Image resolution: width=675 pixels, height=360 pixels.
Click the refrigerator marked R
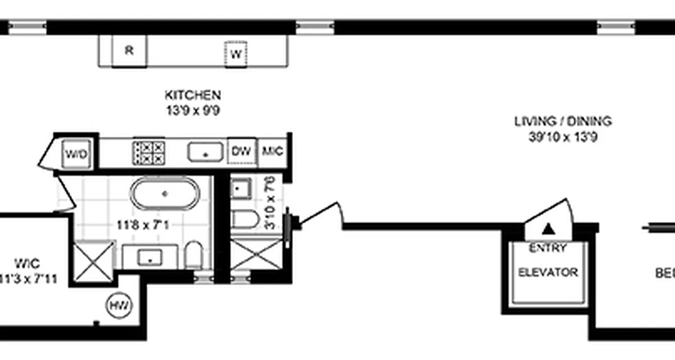(129, 51)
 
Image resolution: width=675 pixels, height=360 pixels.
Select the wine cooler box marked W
(236, 54)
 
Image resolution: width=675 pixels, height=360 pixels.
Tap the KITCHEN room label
(193, 95)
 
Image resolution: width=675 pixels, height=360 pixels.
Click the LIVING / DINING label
(563, 121)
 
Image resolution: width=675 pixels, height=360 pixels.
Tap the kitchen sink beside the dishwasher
(205, 152)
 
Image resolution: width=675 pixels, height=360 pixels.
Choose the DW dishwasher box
(242, 151)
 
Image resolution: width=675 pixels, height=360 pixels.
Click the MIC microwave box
(273, 151)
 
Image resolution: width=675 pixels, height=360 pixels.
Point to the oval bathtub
(165, 193)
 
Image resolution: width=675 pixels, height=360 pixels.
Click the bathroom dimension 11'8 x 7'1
(144, 224)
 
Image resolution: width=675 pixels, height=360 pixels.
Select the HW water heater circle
(119, 306)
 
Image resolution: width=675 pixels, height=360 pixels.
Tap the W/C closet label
(27, 263)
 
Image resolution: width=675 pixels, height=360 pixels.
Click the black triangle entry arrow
(547, 229)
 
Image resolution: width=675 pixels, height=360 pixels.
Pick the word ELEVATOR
(548, 272)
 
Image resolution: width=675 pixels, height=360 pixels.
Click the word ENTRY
(547, 248)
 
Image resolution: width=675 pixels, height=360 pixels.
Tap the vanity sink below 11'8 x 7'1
(150, 257)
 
